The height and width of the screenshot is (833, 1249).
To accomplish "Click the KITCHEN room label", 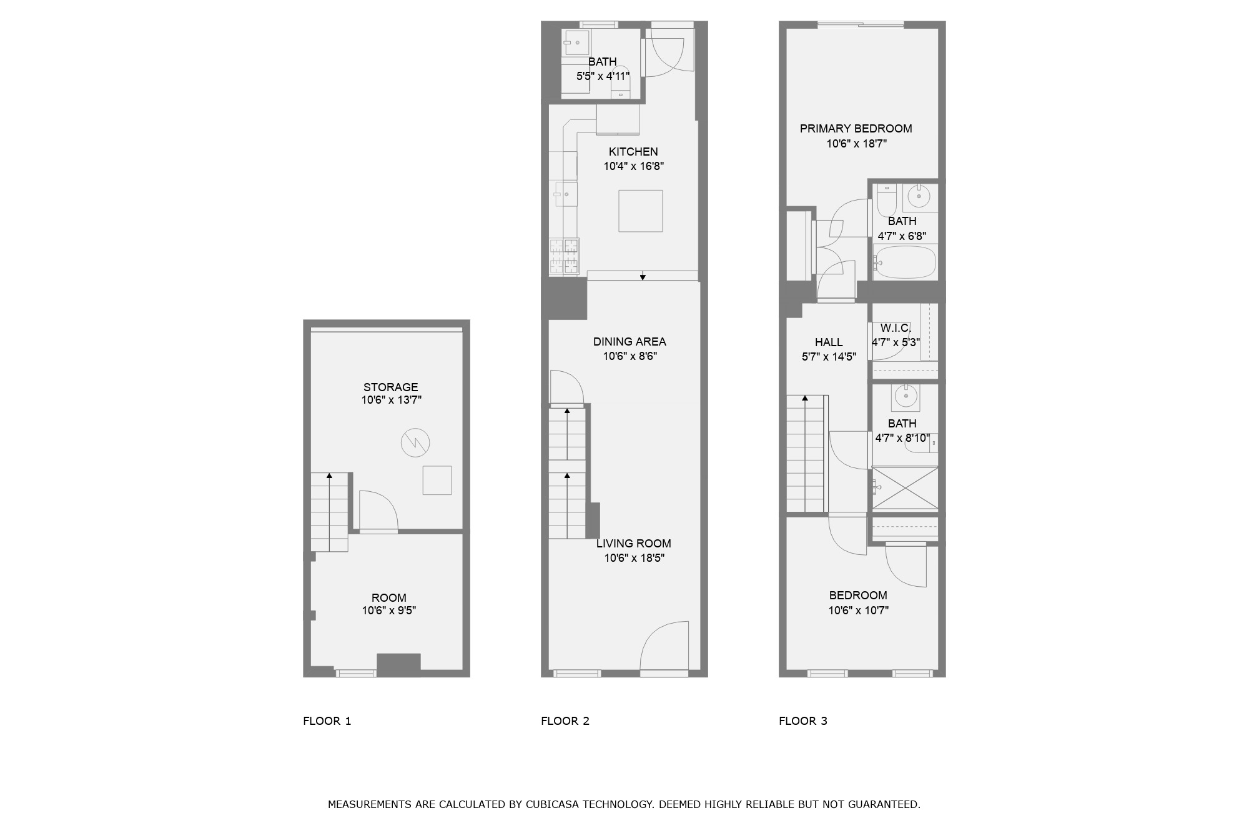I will [633, 152].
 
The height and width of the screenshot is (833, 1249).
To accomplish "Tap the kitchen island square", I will [640, 211].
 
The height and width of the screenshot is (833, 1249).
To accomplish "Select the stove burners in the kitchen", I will [565, 256].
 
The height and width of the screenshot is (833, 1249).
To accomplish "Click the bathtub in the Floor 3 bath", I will [906, 262].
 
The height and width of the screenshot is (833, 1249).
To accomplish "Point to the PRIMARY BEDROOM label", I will [856, 129].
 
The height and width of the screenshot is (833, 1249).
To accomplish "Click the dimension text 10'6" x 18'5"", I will [634, 558].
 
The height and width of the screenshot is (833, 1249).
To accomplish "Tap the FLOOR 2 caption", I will [565, 721].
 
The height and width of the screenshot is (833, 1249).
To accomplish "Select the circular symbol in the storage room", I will [415, 443].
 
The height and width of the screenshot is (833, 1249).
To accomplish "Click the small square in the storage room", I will [437, 480].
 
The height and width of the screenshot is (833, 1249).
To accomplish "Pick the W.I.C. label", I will [896, 328].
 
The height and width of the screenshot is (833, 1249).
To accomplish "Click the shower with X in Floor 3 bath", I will [905, 487].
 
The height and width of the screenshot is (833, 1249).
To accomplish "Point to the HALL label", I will [829, 342].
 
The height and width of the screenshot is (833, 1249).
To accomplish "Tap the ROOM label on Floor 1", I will [388, 598].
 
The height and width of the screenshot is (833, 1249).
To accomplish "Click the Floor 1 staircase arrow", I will [329, 476].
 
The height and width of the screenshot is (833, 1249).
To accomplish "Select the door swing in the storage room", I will [378, 510].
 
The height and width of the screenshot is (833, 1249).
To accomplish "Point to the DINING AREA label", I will [629, 342].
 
